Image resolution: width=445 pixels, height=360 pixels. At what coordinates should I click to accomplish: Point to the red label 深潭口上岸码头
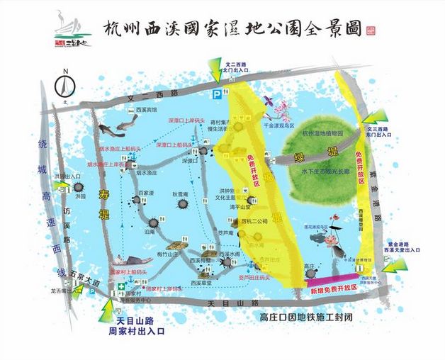point(186,121)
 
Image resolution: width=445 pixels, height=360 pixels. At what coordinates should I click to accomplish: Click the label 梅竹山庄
point(168,254)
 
